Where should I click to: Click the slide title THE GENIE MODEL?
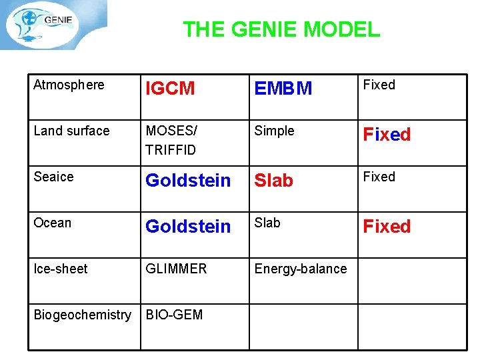(x=281, y=29)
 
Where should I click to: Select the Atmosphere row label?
(x=69, y=85)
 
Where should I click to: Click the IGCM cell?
(x=170, y=89)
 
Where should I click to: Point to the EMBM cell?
(x=283, y=89)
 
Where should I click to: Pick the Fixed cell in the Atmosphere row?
(x=379, y=85)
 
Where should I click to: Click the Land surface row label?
(x=71, y=131)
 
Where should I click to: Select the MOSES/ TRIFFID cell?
(x=171, y=140)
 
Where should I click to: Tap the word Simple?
(x=274, y=131)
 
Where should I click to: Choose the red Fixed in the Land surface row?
(x=387, y=135)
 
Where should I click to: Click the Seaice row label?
(x=53, y=177)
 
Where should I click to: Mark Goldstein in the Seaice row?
(x=188, y=181)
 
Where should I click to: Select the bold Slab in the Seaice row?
(x=274, y=181)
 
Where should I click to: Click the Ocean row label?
(x=52, y=223)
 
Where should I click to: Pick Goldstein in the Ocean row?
(x=188, y=227)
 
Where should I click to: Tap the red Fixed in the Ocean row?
(x=387, y=227)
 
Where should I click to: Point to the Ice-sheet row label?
(x=61, y=269)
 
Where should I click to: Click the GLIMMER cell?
(x=176, y=269)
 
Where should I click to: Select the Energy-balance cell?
(x=301, y=269)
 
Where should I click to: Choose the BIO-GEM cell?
(x=174, y=315)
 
